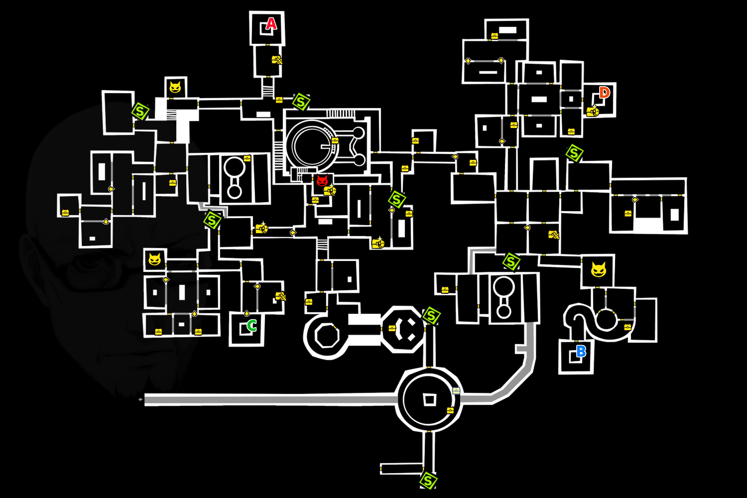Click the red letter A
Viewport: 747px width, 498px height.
271,23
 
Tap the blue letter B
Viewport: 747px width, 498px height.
581,352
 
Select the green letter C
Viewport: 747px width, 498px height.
252,326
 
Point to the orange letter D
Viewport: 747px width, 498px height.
604,93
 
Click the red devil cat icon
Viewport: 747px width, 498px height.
322,181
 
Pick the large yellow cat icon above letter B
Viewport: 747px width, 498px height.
598,270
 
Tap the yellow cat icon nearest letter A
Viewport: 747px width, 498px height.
175,88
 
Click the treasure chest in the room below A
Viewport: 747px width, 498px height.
277,60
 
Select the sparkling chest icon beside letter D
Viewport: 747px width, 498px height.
592,112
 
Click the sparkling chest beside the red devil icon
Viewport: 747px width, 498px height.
330,190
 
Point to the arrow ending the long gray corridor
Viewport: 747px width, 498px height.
140,399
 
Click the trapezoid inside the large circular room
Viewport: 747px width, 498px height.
429,399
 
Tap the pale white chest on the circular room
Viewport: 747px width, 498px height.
456,391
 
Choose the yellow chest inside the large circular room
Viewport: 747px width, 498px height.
450,410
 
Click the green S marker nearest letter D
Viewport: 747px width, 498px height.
574,153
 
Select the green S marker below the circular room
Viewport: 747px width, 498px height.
428,481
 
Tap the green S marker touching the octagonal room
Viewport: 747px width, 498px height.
431,316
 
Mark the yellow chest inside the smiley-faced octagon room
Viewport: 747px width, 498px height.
392,328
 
